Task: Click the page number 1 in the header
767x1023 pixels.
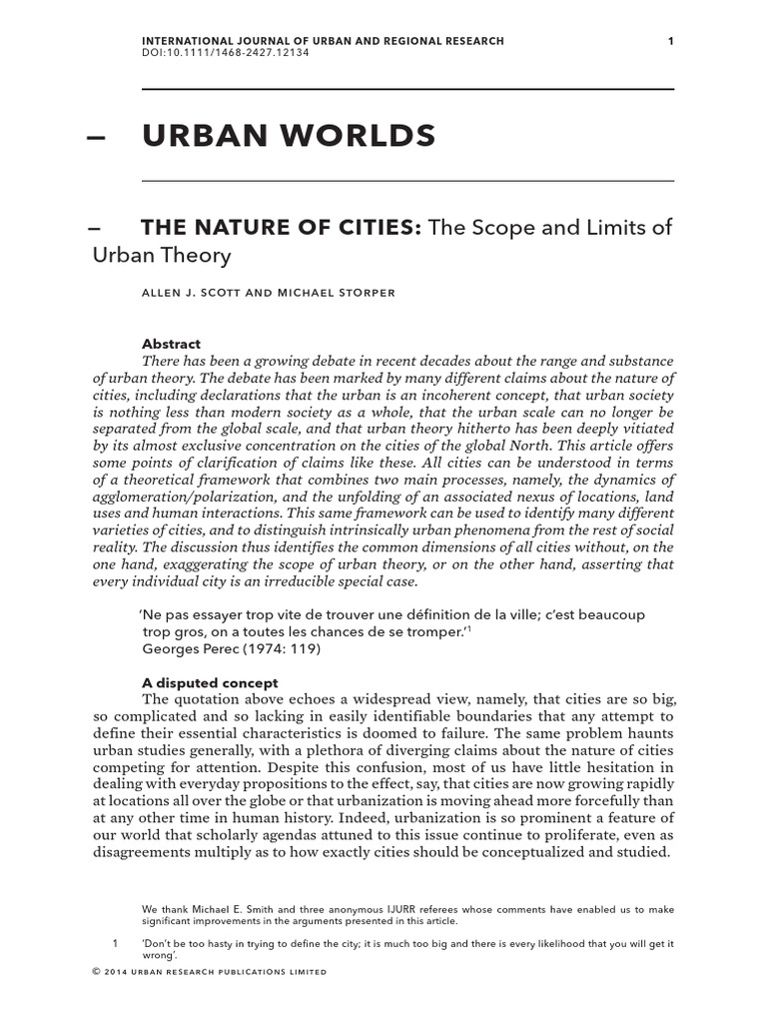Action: point(671,41)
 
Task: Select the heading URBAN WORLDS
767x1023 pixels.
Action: point(289,135)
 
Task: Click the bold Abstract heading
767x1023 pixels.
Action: point(172,344)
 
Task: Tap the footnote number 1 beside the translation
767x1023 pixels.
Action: point(115,944)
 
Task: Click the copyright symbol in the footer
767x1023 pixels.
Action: point(96,971)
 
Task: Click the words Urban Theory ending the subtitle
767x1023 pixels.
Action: point(162,255)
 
